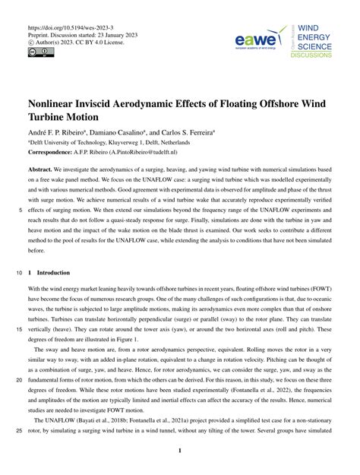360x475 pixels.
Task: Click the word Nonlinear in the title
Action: click(63, 99)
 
